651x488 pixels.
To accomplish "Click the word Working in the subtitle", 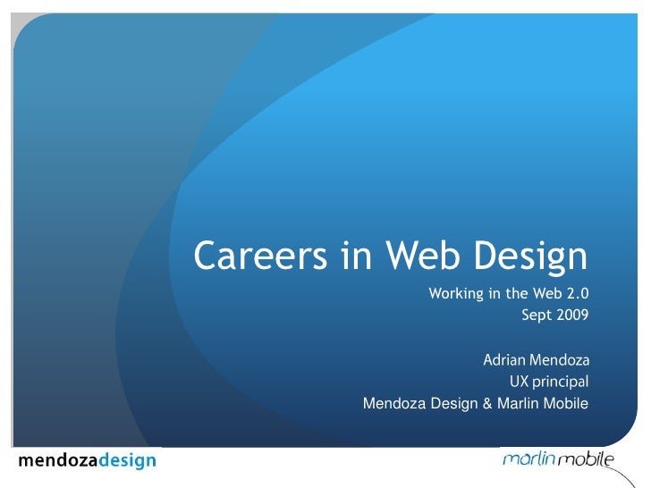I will [x=457, y=293].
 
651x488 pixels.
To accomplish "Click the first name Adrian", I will [x=504, y=361].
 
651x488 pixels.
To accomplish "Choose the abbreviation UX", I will [x=520, y=383].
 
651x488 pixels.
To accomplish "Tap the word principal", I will [x=561, y=383].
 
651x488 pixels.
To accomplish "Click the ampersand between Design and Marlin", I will [x=487, y=404].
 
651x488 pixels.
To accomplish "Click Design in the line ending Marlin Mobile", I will [x=455, y=404].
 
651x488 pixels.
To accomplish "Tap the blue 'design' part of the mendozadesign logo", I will [x=126, y=461].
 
